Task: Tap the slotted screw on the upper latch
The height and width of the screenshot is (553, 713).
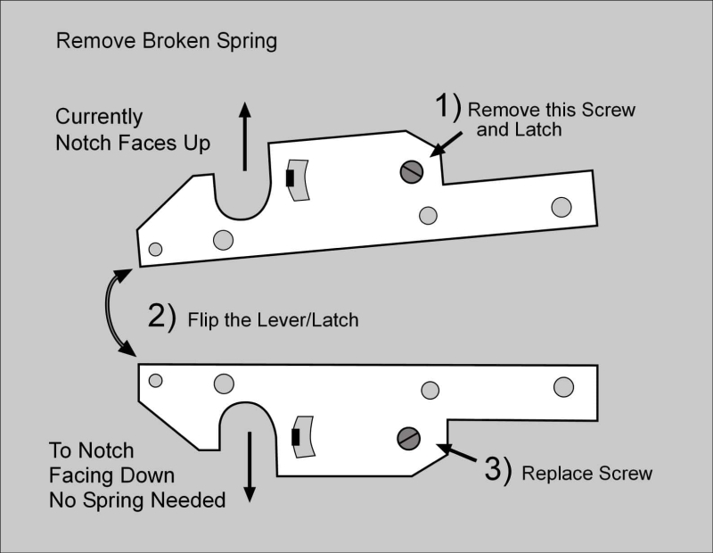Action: pyautogui.click(x=411, y=173)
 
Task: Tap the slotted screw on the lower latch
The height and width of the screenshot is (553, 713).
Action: pyautogui.click(x=408, y=438)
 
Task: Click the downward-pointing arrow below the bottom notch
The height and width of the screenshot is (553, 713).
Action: pyautogui.click(x=249, y=467)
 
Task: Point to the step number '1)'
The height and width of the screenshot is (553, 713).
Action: pyautogui.click(x=447, y=108)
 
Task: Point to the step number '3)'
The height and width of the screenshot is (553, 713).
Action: pyautogui.click(x=497, y=470)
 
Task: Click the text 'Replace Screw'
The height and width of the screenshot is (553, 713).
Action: pyautogui.click(x=586, y=473)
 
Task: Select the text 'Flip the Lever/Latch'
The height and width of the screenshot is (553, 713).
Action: pyautogui.click(x=273, y=319)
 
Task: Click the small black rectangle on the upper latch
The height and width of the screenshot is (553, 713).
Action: pyautogui.click(x=290, y=178)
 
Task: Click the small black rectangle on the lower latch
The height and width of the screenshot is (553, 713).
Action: pyautogui.click(x=295, y=438)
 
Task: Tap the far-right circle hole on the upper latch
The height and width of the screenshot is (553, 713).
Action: pyautogui.click(x=561, y=207)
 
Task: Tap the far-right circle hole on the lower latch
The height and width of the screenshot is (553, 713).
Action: pyautogui.click(x=562, y=386)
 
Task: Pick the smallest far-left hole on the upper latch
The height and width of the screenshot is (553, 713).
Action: pyautogui.click(x=155, y=249)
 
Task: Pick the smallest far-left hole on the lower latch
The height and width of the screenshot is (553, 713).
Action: pyautogui.click(x=155, y=381)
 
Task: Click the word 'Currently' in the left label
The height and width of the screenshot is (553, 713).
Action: pyautogui.click(x=99, y=117)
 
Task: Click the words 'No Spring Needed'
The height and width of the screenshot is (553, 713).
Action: pyautogui.click(x=136, y=499)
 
